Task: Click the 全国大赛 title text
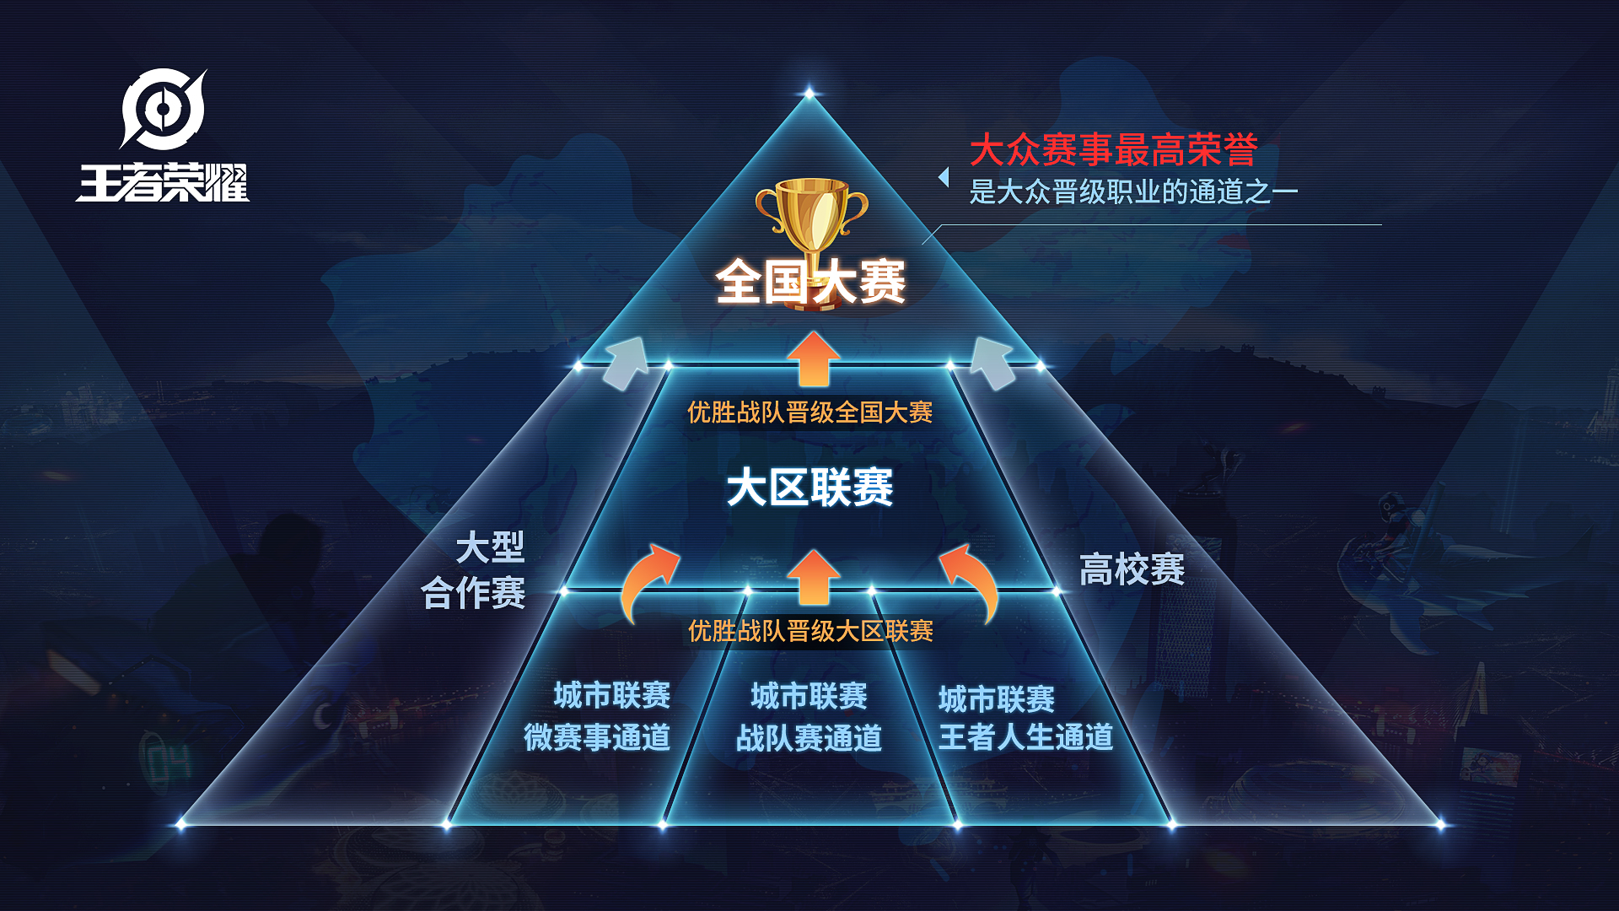click(x=810, y=282)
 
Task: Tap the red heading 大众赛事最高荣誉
click(x=1113, y=150)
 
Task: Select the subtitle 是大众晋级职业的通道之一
click(x=1133, y=192)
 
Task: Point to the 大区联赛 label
click(x=809, y=488)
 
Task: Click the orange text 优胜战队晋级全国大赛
click(x=809, y=412)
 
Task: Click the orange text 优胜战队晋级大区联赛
click(x=810, y=631)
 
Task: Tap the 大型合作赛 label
click(x=473, y=570)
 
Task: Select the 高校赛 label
click(x=1132, y=569)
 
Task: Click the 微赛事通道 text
click(x=597, y=737)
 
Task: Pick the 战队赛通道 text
click(x=809, y=738)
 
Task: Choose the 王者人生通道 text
click(x=1025, y=737)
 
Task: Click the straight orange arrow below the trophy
click(x=814, y=358)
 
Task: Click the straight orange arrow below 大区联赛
click(x=814, y=577)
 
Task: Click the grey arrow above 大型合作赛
click(x=626, y=363)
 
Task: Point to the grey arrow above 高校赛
click(x=993, y=363)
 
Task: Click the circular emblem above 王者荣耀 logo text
click(x=163, y=109)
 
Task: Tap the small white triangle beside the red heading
click(x=944, y=177)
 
